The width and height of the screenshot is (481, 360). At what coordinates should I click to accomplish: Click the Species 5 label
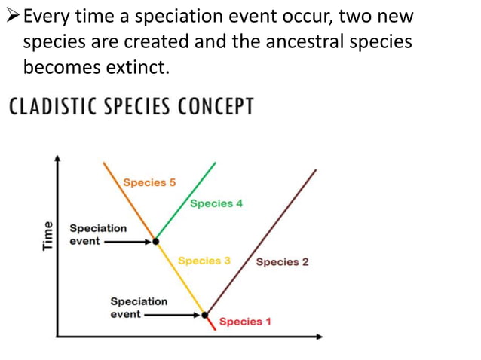click(149, 182)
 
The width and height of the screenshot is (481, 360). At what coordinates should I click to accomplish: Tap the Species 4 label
click(216, 203)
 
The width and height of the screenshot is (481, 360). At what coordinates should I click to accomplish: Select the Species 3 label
click(204, 261)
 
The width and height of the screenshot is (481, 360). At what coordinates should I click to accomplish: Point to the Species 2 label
click(282, 262)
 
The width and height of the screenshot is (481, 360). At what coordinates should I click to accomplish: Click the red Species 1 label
click(245, 322)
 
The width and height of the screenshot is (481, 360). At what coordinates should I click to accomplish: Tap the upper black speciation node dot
click(156, 242)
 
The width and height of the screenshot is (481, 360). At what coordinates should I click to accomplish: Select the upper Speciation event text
click(97, 234)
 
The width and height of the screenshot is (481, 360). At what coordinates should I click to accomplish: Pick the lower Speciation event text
click(139, 307)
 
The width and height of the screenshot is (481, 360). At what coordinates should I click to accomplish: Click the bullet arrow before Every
click(14, 15)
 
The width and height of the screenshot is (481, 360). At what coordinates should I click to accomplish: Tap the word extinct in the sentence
click(139, 66)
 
